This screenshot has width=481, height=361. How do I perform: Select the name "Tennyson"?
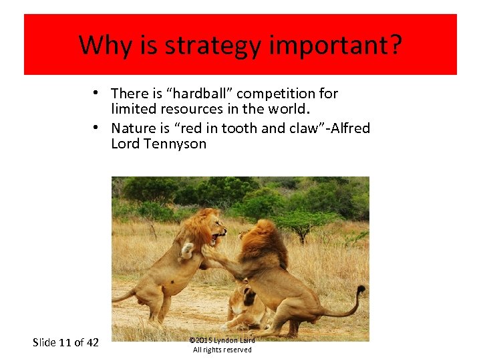pos(175,144)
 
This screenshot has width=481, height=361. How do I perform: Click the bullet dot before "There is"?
pos(97,93)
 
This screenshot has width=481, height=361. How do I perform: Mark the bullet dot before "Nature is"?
pos(97,127)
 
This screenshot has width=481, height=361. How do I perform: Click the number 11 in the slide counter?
pos(65,342)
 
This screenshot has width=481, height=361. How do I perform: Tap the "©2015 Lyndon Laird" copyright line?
pos(222,340)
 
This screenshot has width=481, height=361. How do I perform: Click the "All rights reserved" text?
pos(222,350)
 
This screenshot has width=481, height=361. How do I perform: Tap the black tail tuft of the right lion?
pos(361,292)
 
